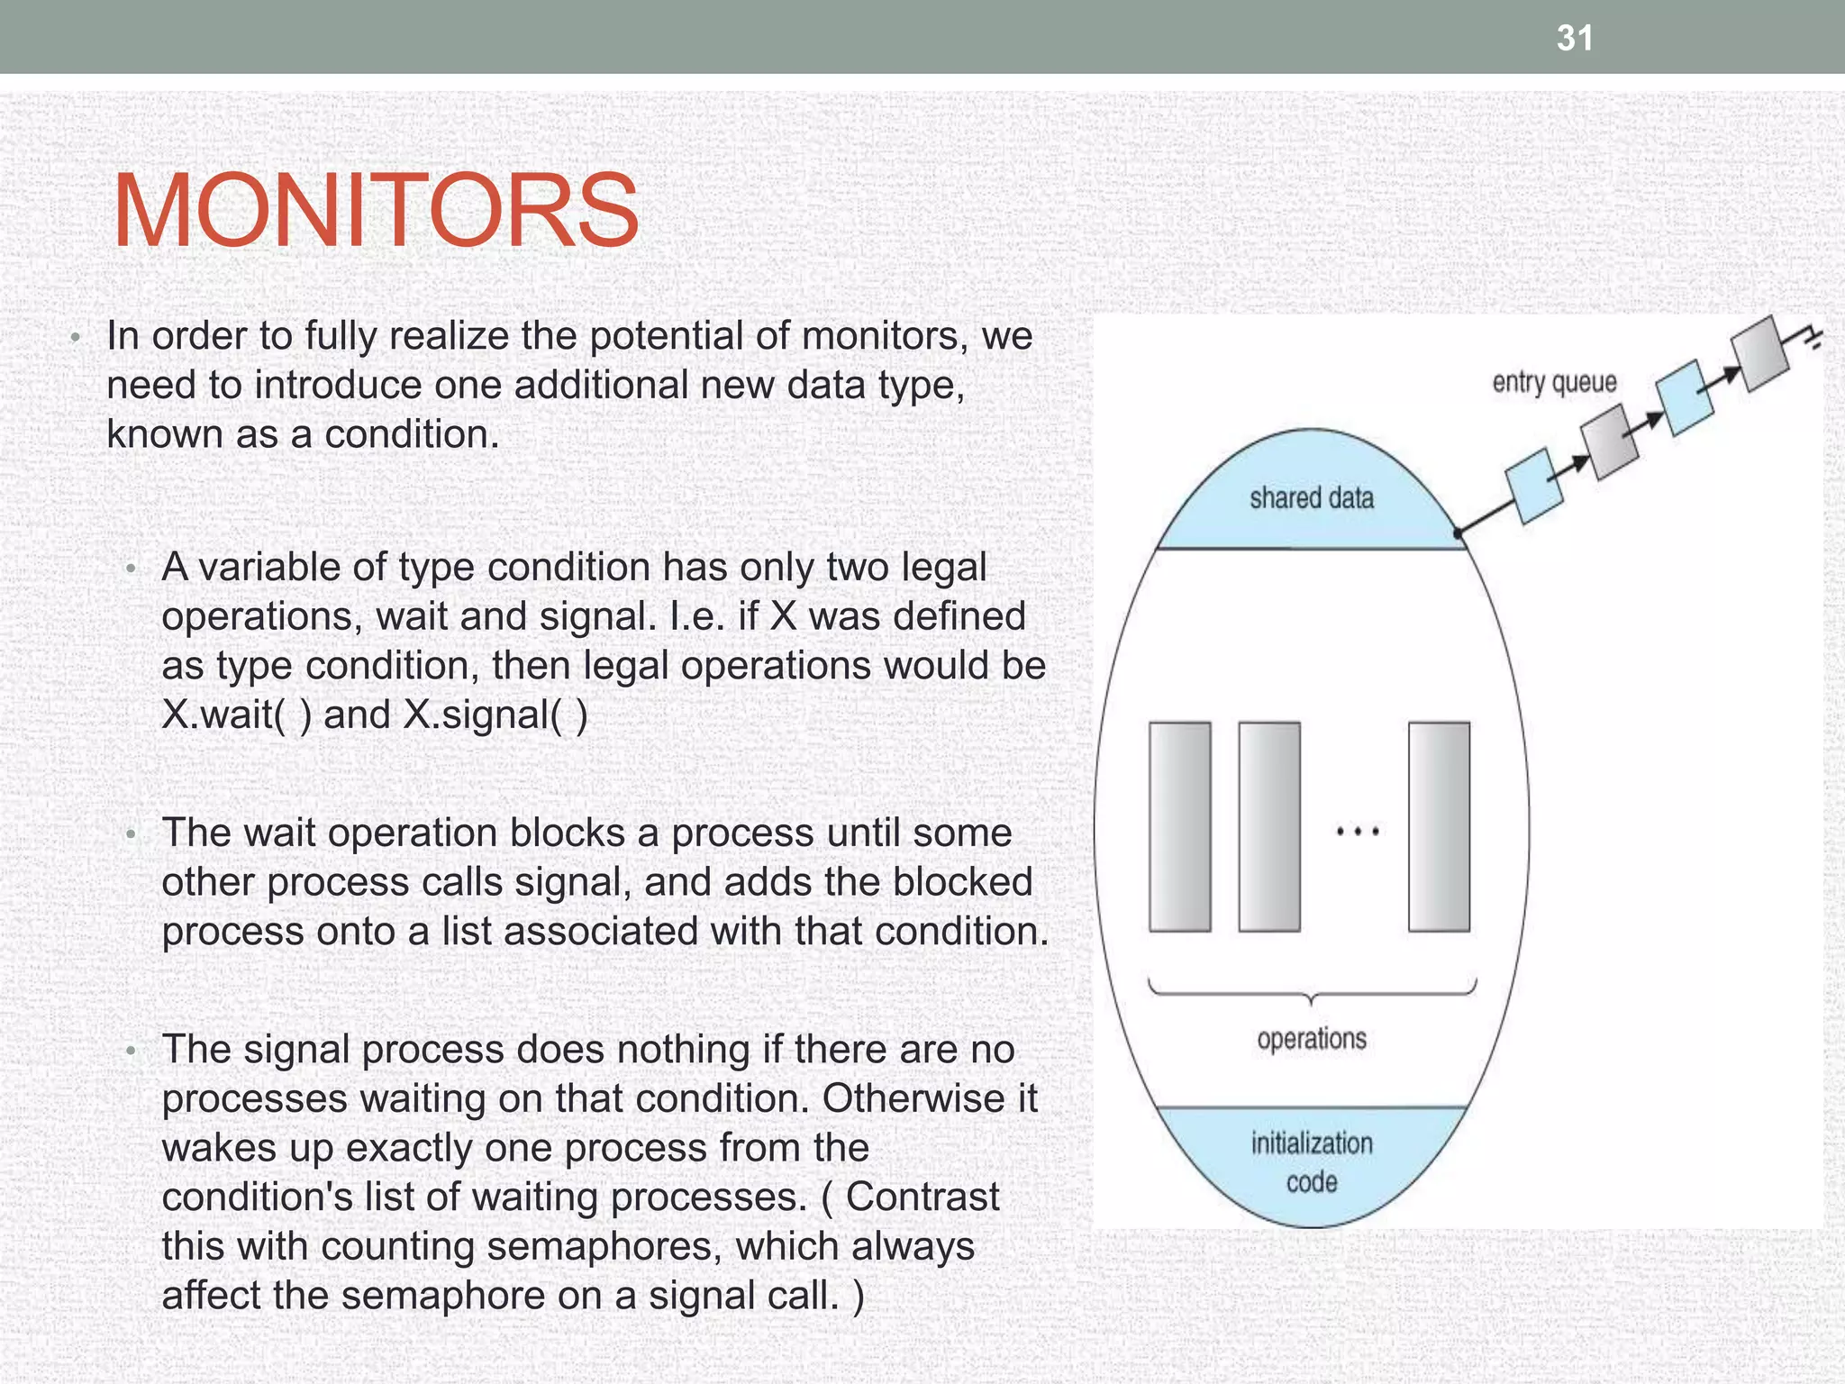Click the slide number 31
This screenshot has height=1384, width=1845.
[x=1575, y=38]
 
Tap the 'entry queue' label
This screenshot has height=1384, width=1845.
[x=1554, y=382]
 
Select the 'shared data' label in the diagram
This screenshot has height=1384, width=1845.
[x=1311, y=498]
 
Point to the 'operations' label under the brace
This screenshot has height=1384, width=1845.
[x=1312, y=1039]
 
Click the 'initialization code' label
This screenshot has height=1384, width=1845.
[x=1312, y=1162]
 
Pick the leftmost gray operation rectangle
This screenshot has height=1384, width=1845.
[x=1179, y=826]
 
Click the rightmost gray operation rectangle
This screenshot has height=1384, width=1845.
[x=1439, y=826]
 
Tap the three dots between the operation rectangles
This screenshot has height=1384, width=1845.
[x=1358, y=832]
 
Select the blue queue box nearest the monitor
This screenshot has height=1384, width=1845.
[x=1534, y=485]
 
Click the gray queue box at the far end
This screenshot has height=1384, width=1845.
[x=1759, y=353]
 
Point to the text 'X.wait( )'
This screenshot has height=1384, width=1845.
[x=237, y=715]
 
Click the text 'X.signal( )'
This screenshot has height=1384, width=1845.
[x=495, y=715]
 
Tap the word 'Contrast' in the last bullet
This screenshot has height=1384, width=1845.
[x=922, y=1197]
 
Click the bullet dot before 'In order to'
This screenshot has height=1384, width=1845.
[x=77, y=339]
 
